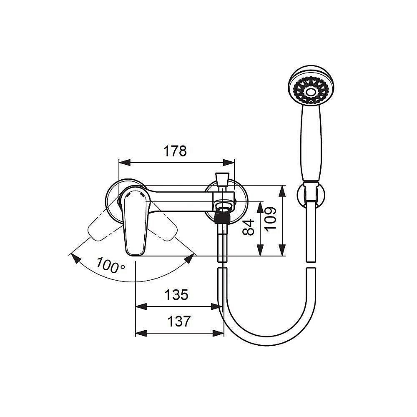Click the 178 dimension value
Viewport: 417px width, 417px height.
175,151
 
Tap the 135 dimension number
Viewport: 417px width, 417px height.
176,295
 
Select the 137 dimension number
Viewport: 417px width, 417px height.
179,321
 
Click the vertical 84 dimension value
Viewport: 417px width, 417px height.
249,227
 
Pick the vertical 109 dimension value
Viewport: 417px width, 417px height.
271,219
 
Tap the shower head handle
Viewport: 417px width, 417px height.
311,142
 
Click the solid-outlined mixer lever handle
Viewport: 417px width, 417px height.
135,221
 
